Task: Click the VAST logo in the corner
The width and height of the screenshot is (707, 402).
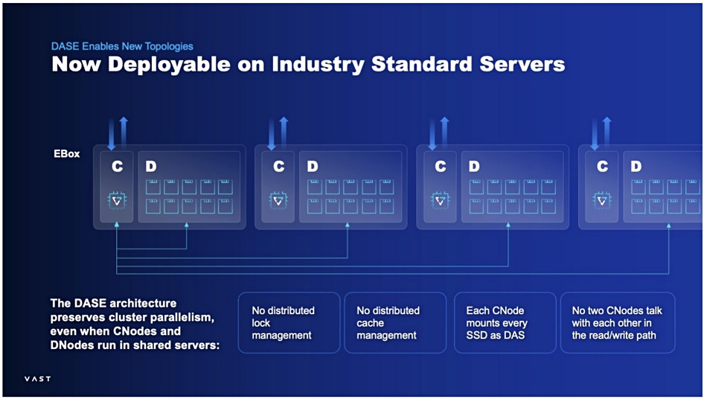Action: pos(37,378)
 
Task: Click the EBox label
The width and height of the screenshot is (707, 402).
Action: pos(67,154)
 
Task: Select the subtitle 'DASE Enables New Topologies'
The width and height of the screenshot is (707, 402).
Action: pos(122,46)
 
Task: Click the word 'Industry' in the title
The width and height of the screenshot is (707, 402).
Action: pos(318,65)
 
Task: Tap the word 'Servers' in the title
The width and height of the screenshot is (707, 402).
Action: pos(522,64)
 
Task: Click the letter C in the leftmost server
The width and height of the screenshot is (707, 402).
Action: pos(118,167)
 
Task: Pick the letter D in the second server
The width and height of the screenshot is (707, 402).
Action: pos(313,167)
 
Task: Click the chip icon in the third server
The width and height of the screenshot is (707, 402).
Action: pos(440,200)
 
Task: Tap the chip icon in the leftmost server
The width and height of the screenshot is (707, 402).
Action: pos(117,200)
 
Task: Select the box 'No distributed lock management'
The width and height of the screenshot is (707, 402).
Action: pos(289,322)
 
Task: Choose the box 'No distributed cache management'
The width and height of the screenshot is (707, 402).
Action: pos(395,322)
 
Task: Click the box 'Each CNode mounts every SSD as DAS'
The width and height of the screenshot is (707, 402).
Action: pos(505,322)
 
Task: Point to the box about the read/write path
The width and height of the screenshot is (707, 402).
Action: pos(618,322)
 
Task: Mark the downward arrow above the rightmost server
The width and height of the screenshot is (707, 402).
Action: pos(595,134)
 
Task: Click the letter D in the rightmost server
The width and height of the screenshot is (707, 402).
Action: pos(636,167)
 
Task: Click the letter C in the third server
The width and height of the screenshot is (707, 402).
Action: pos(441,167)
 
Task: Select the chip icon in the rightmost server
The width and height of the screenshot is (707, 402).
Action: pos(602,200)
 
